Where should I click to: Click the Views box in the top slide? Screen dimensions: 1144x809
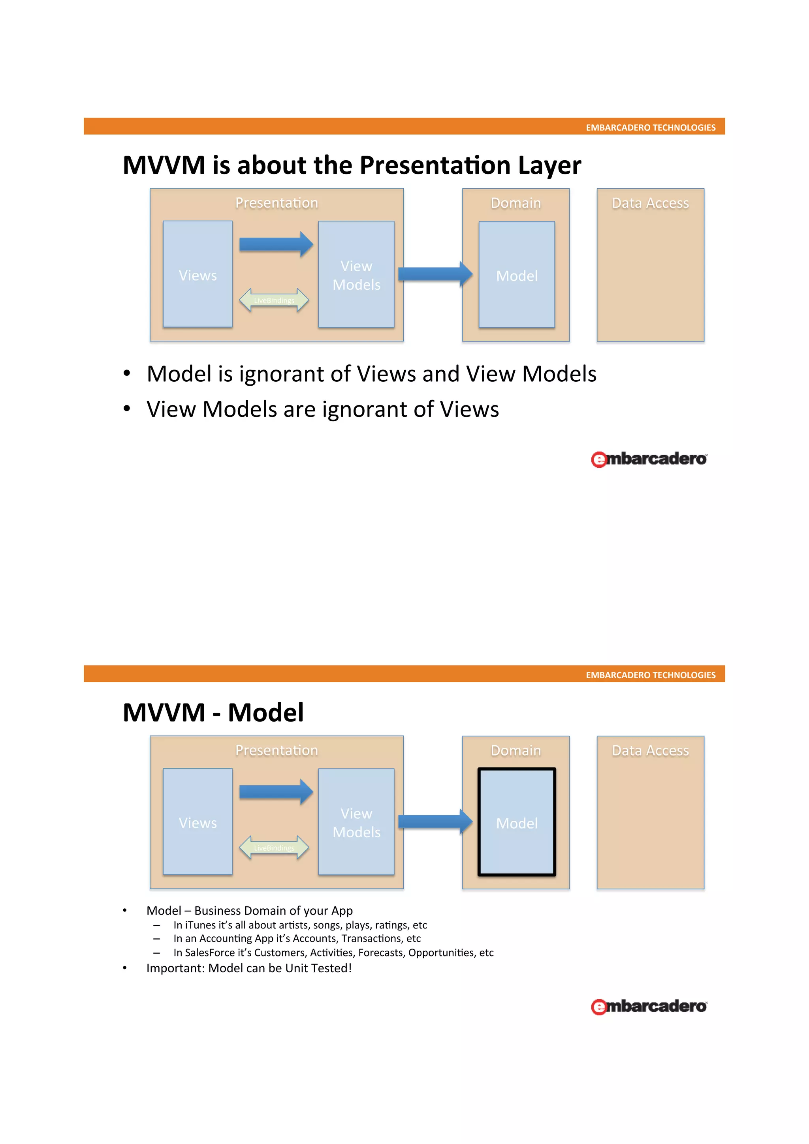click(198, 274)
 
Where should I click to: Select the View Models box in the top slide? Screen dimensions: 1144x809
click(356, 274)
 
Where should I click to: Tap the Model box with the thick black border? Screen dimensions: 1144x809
click(516, 822)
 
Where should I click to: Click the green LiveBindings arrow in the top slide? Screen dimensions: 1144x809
click(274, 300)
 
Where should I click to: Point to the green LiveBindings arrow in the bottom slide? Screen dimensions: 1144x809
click(274, 848)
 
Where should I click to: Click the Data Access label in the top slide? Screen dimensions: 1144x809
click(650, 203)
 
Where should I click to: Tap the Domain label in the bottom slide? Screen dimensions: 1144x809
click(516, 750)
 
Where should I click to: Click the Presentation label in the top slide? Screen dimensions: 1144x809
click(276, 203)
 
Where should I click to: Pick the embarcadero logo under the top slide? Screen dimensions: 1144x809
click(649, 459)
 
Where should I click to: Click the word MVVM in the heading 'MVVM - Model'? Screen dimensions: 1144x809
click(164, 713)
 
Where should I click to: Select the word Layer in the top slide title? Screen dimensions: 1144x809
click(549, 166)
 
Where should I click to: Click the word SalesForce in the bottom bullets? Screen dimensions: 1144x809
click(209, 953)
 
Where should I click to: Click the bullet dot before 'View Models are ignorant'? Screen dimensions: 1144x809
click(127, 409)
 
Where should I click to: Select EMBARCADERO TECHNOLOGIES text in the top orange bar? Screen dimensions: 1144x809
click(650, 128)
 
